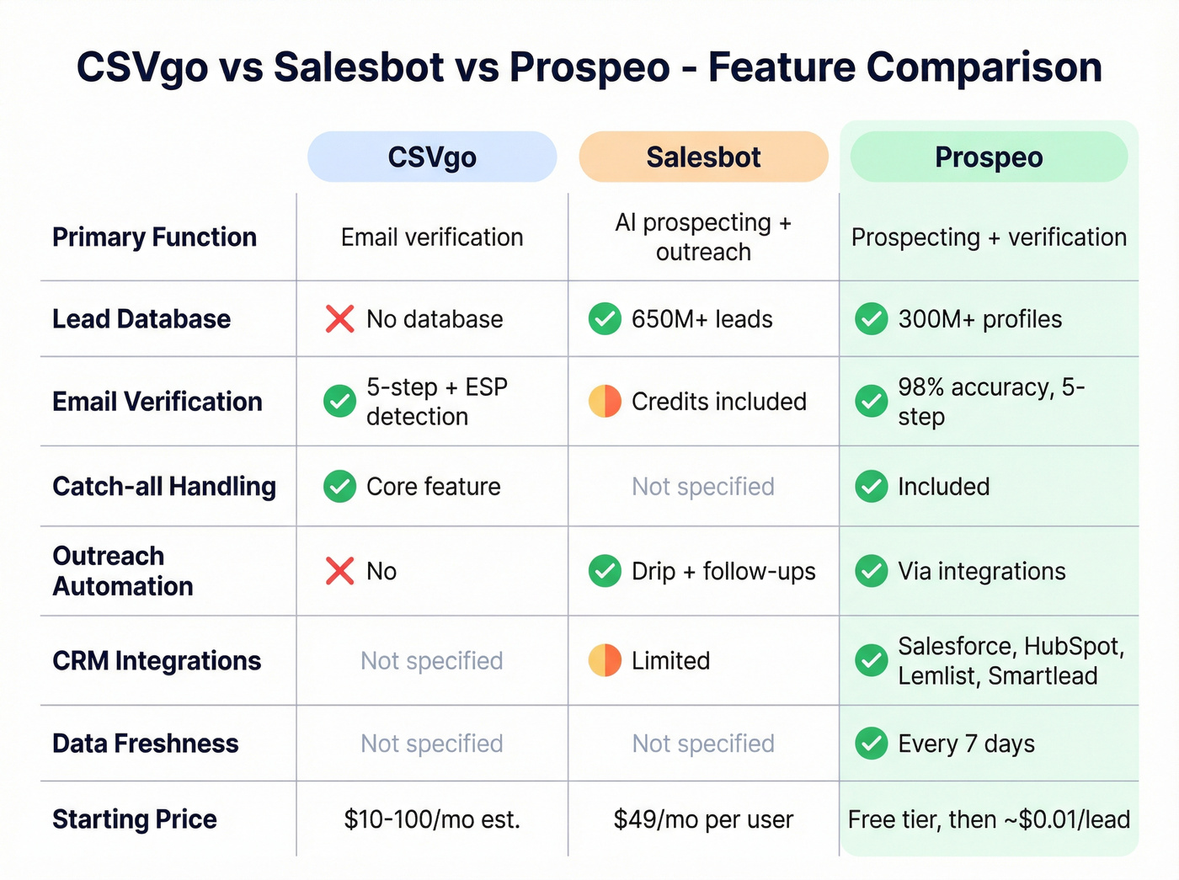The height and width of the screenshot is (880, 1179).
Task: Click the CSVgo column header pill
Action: pyautogui.click(x=432, y=157)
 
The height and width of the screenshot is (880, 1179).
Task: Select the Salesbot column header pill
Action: pyautogui.click(x=703, y=157)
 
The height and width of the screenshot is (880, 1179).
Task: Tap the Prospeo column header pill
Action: pyautogui.click(x=989, y=157)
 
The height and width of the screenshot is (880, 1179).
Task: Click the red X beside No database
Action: pyautogui.click(x=339, y=319)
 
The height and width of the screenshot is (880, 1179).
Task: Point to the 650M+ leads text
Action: pyautogui.click(x=702, y=319)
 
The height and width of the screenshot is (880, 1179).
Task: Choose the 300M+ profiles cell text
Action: pyautogui.click(x=979, y=319)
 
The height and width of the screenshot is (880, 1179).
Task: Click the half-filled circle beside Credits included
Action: pyautogui.click(x=605, y=402)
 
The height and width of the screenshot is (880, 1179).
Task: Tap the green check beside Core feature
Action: pyautogui.click(x=339, y=487)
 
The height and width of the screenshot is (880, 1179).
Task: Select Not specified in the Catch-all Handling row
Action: pyautogui.click(x=703, y=487)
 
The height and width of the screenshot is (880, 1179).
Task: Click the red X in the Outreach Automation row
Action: pyautogui.click(x=339, y=571)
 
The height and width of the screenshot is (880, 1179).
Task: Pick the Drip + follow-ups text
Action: pyautogui.click(x=723, y=571)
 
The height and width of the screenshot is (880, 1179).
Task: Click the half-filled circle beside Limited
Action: pyautogui.click(x=605, y=661)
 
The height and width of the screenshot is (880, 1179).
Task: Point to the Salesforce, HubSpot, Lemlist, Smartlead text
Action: pyautogui.click(x=1011, y=661)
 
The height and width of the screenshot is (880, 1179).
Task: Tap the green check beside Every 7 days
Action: pyautogui.click(x=871, y=744)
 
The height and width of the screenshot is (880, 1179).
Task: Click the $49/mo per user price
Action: pyautogui.click(x=703, y=819)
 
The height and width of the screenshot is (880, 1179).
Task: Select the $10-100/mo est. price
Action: pyautogui.click(x=432, y=819)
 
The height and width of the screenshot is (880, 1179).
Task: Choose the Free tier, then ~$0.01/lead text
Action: pyautogui.click(x=989, y=819)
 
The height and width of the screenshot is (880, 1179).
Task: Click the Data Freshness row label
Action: pyautogui.click(x=145, y=744)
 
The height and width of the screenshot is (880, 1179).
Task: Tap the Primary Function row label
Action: pyautogui.click(x=154, y=237)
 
